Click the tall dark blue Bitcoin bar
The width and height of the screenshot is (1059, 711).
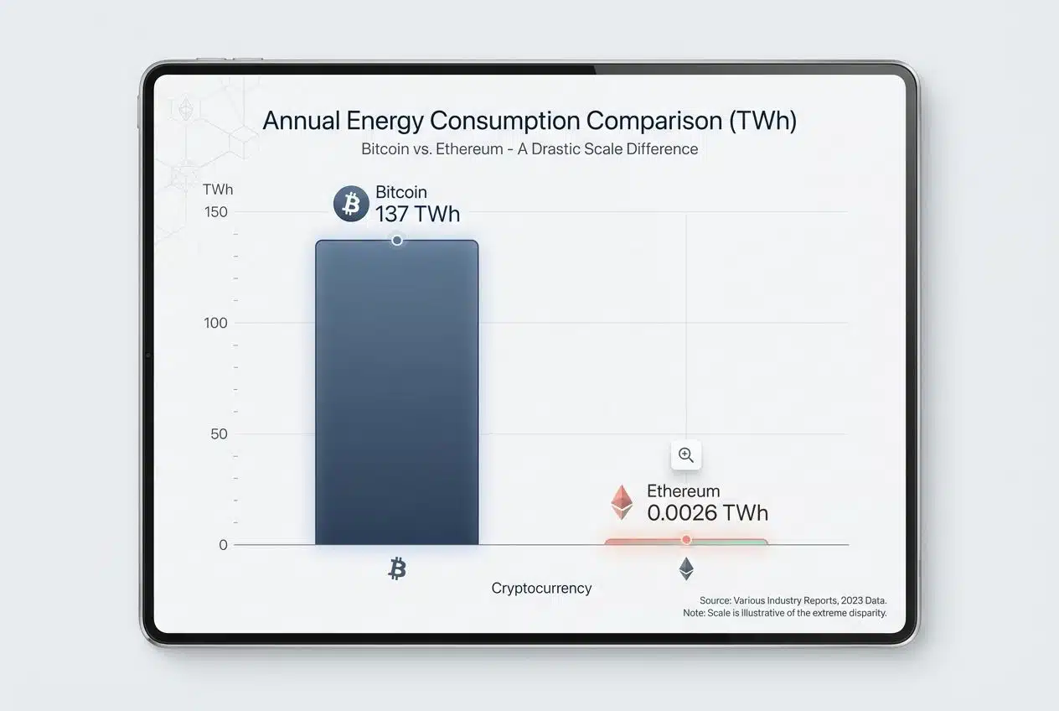click(x=396, y=394)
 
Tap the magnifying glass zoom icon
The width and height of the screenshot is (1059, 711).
click(x=686, y=455)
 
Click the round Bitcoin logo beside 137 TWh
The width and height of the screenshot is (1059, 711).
click(x=351, y=205)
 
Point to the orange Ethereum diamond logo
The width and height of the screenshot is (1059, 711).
click(x=621, y=502)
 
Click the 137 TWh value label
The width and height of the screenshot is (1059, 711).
click(x=417, y=215)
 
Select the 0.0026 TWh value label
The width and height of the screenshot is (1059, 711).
click(x=707, y=512)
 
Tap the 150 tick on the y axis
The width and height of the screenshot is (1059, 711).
click(x=215, y=212)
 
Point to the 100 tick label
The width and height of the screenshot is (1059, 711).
click(x=215, y=323)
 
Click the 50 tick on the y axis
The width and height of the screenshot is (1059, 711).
click(x=218, y=434)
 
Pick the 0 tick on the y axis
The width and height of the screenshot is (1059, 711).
click(x=223, y=545)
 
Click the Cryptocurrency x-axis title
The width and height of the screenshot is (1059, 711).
click(x=541, y=589)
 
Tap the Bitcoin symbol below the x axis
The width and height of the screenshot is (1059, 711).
click(x=397, y=570)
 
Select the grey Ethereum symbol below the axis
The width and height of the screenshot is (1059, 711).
click(x=686, y=569)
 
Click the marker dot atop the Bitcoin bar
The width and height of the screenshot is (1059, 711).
click(x=397, y=241)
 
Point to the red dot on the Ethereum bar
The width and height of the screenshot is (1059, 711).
click(x=686, y=539)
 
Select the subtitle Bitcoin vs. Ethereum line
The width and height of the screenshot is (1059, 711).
click(x=529, y=149)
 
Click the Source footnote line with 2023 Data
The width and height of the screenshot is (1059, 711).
click(x=793, y=601)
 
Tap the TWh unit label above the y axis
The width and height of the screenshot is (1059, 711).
click(x=218, y=189)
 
